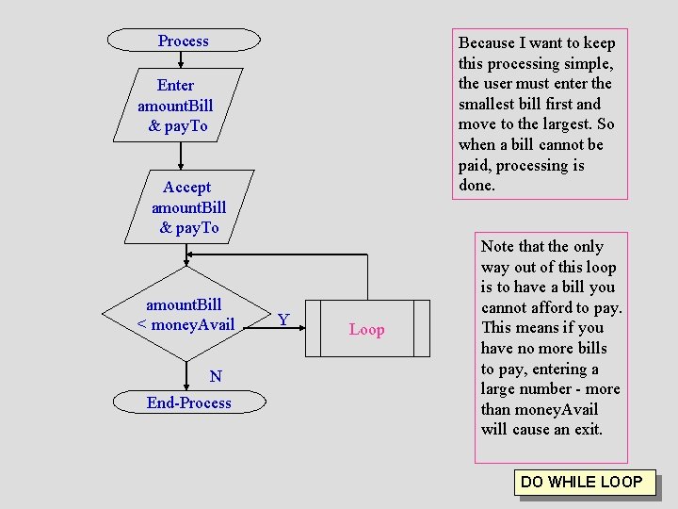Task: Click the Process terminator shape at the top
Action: point(184,41)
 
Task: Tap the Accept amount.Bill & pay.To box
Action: point(188,207)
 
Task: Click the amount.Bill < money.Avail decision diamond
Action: point(185,315)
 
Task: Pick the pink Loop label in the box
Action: point(366,330)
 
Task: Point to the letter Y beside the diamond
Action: point(283,320)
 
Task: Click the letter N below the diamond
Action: point(216,377)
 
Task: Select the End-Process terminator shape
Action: point(188,402)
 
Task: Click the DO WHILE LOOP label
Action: point(581,482)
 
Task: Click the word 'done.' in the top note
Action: point(476,186)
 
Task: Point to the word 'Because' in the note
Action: point(486,42)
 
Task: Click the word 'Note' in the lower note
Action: point(497,247)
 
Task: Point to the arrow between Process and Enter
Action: point(181,59)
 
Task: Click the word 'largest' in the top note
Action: point(564,124)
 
